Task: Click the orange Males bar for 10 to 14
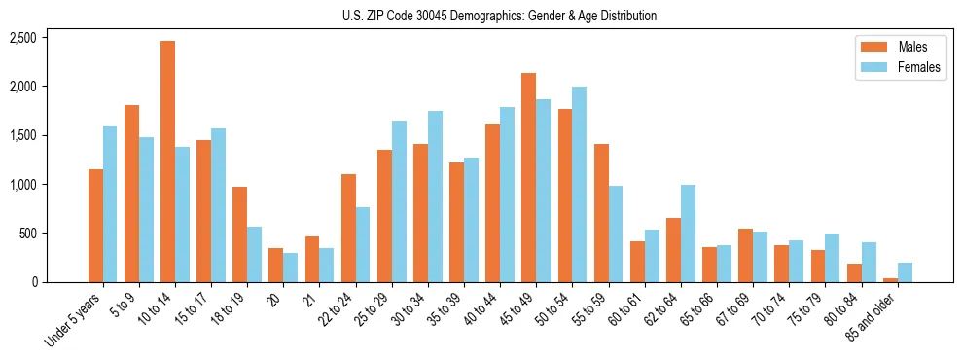coord(167,162)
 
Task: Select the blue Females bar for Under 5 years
coord(110,203)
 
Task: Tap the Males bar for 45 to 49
coord(528,177)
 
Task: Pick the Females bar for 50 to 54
coord(579,184)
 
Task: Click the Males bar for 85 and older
coord(890,280)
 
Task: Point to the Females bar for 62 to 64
coord(688,234)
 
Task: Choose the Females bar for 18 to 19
coord(254,254)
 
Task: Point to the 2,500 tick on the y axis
coord(22,38)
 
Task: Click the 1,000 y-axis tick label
coord(22,185)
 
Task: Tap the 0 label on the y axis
coord(33,282)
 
